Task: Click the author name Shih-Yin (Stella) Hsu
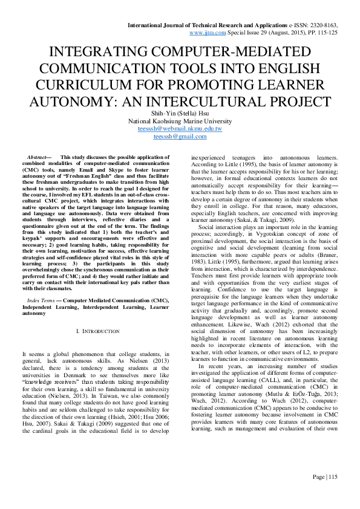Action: [x=180, y=112]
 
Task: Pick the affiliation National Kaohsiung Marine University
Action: [x=180, y=121]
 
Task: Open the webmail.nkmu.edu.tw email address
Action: [x=180, y=129]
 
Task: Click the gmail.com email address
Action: [x=180, y=137]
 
